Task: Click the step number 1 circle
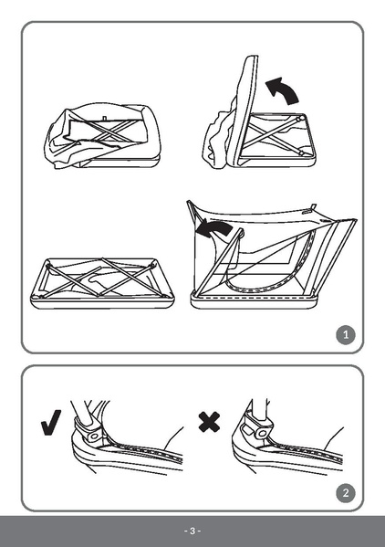pyautogui.click(x=345, y=335)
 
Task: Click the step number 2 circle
pyautogui.click(x=345, y=494)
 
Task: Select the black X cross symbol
pyautogui.click(x=210, y=422)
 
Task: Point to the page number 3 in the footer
pyautogui.click(x=192, y=531)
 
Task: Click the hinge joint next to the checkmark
pyautogui.click(x=88, y=426)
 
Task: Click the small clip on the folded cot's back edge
pyautogui.click(x=106, y=117)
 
